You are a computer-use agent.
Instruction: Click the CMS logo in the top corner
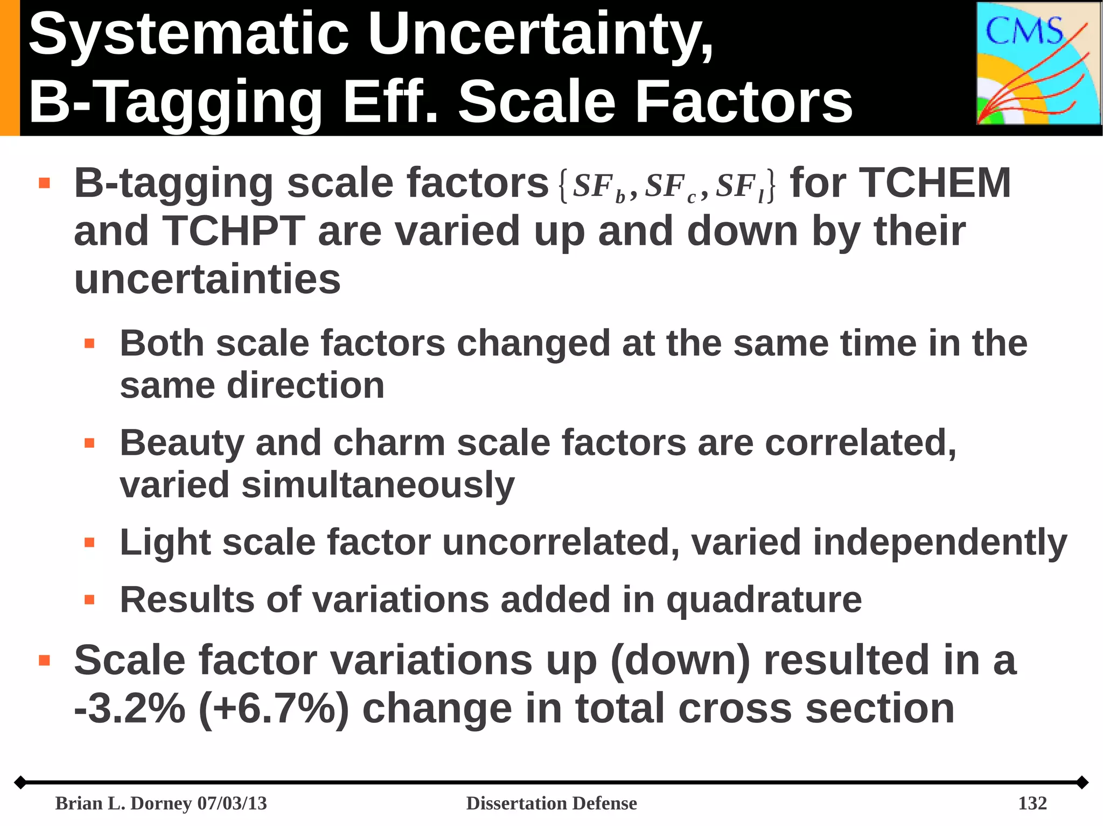click(x=1038, y=63)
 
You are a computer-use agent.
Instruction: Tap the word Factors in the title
click(x=744, y=102)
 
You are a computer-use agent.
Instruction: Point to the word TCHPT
click(x=234, y=231)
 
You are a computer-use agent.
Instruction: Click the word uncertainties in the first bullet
click(x=207, y=279)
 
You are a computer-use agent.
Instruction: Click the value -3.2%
click(x=129, y=709)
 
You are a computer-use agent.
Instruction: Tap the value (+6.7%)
click(x=274, y=709)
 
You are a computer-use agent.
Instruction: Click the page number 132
click(x=1032, y=803)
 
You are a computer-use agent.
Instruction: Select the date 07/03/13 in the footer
click(x=232, y=803)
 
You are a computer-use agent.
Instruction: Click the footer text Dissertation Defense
click(x=551, y=803)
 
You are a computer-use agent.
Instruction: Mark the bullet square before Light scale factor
click(x=89, y=542)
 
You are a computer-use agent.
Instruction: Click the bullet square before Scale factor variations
click(x=44, y=660)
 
